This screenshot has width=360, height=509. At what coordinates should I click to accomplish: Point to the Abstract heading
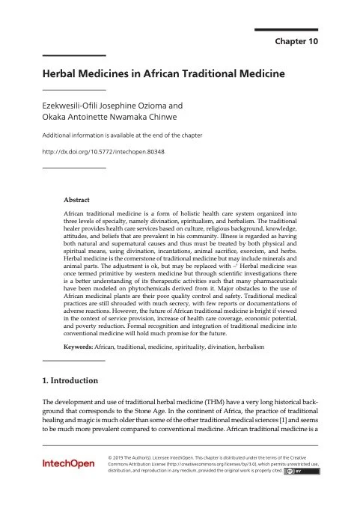76,201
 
